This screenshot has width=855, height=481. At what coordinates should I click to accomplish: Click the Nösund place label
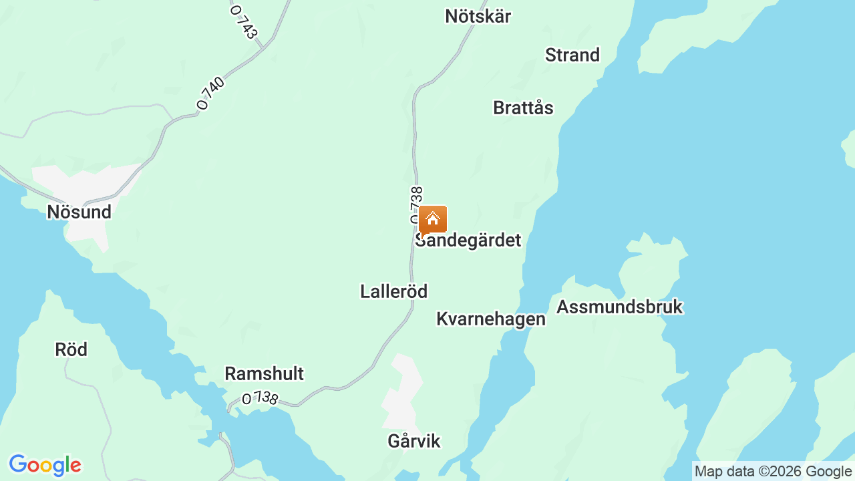(79, 212)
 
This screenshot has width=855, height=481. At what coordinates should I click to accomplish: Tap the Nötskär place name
(478, 16)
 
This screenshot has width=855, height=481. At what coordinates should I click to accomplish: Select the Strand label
(572, 55)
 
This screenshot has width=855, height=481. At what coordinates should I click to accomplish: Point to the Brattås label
(523, 108)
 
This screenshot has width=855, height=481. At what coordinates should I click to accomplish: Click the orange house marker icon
(433, 219)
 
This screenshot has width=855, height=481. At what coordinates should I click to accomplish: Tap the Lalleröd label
(393, 291)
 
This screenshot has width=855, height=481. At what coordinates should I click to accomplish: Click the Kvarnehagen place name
(490, 319)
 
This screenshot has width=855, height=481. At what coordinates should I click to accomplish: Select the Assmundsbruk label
(619, 307)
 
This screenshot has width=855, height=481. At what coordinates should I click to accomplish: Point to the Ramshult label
(264, 373)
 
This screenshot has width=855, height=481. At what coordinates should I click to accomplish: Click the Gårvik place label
(414, 441)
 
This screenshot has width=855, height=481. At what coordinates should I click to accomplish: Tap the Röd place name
(71, 349)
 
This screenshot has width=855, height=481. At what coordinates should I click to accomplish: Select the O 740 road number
(211, 93)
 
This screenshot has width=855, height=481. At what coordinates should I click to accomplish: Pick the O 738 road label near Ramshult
(260, 398)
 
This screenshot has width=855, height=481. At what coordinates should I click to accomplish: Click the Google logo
(45, 466)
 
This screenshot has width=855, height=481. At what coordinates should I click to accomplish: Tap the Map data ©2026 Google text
(773, 472)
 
